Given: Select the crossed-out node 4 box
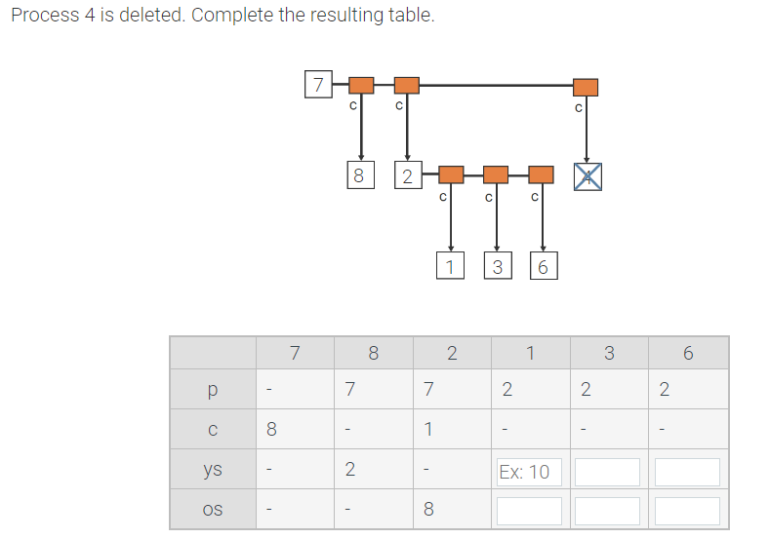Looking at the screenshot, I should click(x=587, y=175).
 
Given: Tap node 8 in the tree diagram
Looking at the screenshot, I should click(x=358, y=175).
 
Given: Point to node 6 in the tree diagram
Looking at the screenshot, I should click(x=543, y=265).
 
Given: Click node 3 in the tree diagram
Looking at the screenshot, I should click(x=497, y=265).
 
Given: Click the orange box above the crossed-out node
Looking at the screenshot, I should click(x=586, y=87).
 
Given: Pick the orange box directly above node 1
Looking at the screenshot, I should click(x=450, y=174).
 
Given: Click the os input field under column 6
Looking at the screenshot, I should click(x=687, y=511).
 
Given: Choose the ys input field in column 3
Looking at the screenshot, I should click(x=607, y=472).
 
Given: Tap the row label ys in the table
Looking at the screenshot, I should click(x=213, y=470).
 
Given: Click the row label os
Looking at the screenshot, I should click(x=213, y=510).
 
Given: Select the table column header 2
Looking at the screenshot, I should click(x=451, y=353).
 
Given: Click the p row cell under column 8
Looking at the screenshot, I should click(x=349, y=390).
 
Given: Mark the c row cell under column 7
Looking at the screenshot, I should click(x=272, y=429).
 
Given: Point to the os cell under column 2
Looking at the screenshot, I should click(x=428, y=509).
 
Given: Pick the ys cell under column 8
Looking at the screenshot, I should click(x=349, y=470).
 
